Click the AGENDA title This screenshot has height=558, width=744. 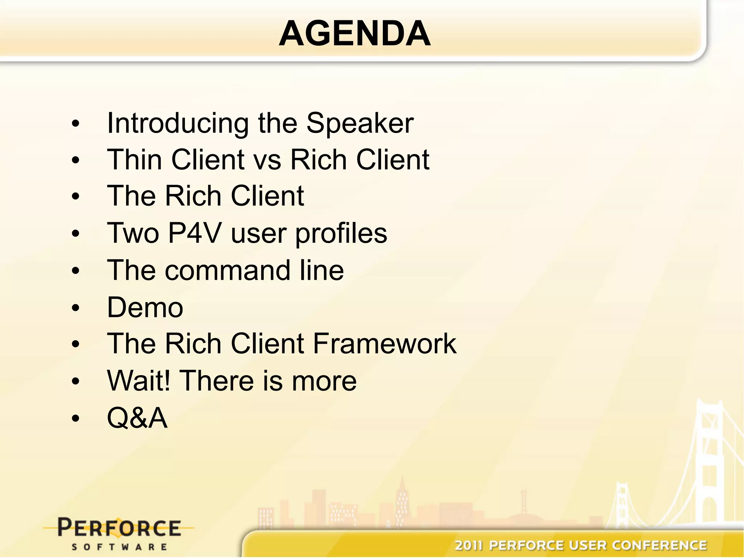click(355, 33)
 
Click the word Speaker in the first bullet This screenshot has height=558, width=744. click(360, 123)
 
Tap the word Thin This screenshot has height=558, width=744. click(134, 160)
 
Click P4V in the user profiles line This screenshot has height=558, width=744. click(194, 233)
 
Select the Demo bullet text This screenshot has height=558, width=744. click(145, 308)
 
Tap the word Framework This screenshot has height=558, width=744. click(384, 344)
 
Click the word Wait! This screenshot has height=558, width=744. click(138, 381)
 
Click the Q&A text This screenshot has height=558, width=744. click(137, 418)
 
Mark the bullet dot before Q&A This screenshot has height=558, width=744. click(75, 418)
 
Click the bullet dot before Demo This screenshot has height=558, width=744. click(75, 308)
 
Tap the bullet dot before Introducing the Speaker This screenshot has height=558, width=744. click(75, 124)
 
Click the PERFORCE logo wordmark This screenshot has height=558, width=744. click(119, 528)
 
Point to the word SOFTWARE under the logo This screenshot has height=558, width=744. click(119, 547)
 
